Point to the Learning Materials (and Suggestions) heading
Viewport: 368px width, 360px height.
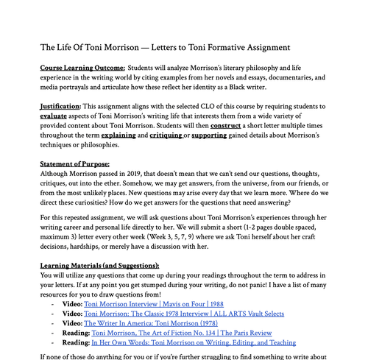(x=99, y=264)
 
